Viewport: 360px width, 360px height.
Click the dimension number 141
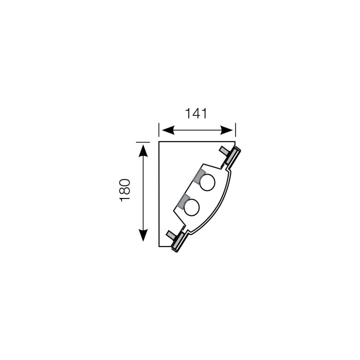pos(196,113)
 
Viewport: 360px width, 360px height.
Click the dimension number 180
pos(125,189)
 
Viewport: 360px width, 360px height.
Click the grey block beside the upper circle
pos(199,176)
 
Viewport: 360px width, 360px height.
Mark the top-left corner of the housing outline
pos(159,142)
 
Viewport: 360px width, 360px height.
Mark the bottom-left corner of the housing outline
pos(159,246)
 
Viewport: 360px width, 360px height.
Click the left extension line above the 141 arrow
pos(159,129)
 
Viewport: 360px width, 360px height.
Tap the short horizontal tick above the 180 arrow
pos(143,140)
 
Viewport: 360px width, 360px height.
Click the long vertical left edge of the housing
pos(159,195)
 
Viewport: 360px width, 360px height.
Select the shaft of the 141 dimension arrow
pos(197,130)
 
